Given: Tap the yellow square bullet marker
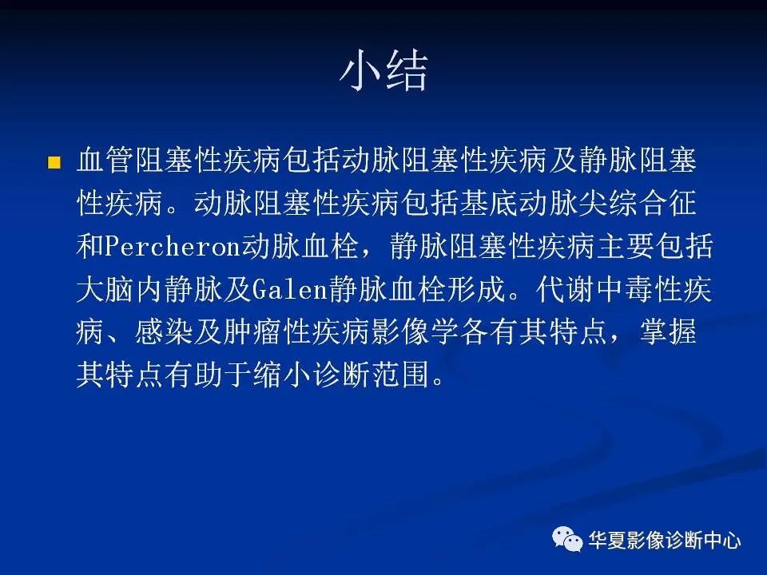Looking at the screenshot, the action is point(54,162).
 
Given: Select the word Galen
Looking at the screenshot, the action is point(289,289).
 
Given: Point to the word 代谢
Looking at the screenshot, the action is point(565,289).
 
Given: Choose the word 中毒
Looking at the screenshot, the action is point(624,289).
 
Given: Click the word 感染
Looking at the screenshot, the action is point(163,332).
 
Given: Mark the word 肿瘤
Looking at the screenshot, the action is point(252,332).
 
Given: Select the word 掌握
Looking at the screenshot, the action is point(668,332).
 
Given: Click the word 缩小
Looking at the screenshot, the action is point(282,375).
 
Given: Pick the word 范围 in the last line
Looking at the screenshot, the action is point(400,375).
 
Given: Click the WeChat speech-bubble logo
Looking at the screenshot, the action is point(567,539).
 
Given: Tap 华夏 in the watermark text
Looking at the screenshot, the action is point(607,541).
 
